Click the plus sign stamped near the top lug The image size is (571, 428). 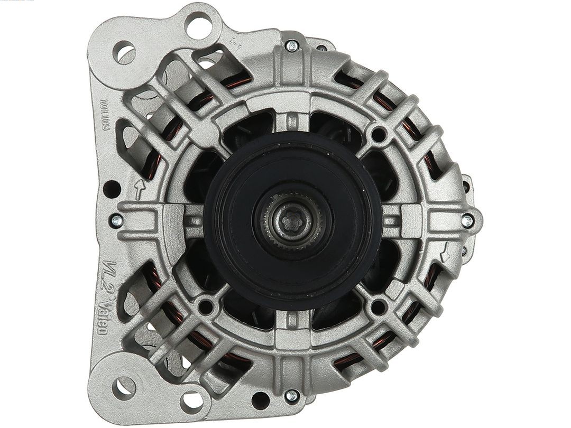(x=236, y=45)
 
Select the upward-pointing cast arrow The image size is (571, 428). (x=139, y=189)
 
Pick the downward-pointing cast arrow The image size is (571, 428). (x=446, y=253)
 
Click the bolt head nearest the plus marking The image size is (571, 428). (x=291, y=45)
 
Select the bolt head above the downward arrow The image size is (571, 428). (x=467, y=221)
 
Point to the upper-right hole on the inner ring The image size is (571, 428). (x=379, y=134)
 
